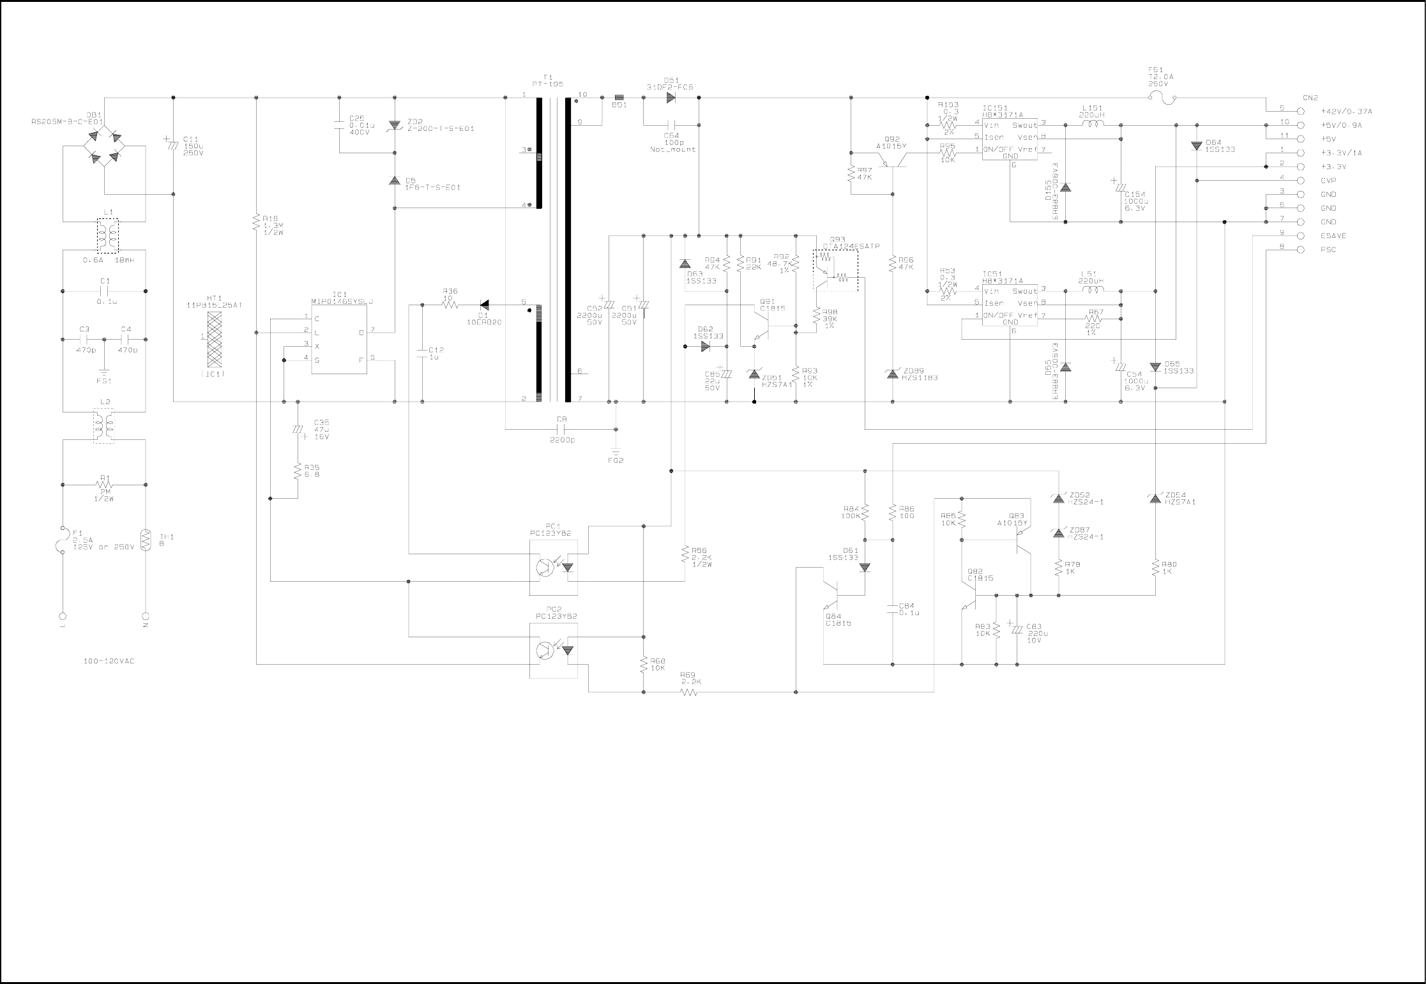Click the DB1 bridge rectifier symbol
click(x=105, y=146)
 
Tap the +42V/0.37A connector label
click(x=1346, y=112)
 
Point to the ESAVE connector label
click(x=1333, y=236)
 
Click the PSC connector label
click(x=1328, y=250)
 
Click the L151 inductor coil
click(x=1094, y=124)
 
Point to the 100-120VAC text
click(x=109, y=662)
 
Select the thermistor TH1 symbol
click(x=146, y=540)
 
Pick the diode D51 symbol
click(x=671, y=98)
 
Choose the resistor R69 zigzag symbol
click(x=689, y=692)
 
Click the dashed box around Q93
click(x=835, y=271)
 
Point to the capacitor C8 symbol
click(x=562, y=430)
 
